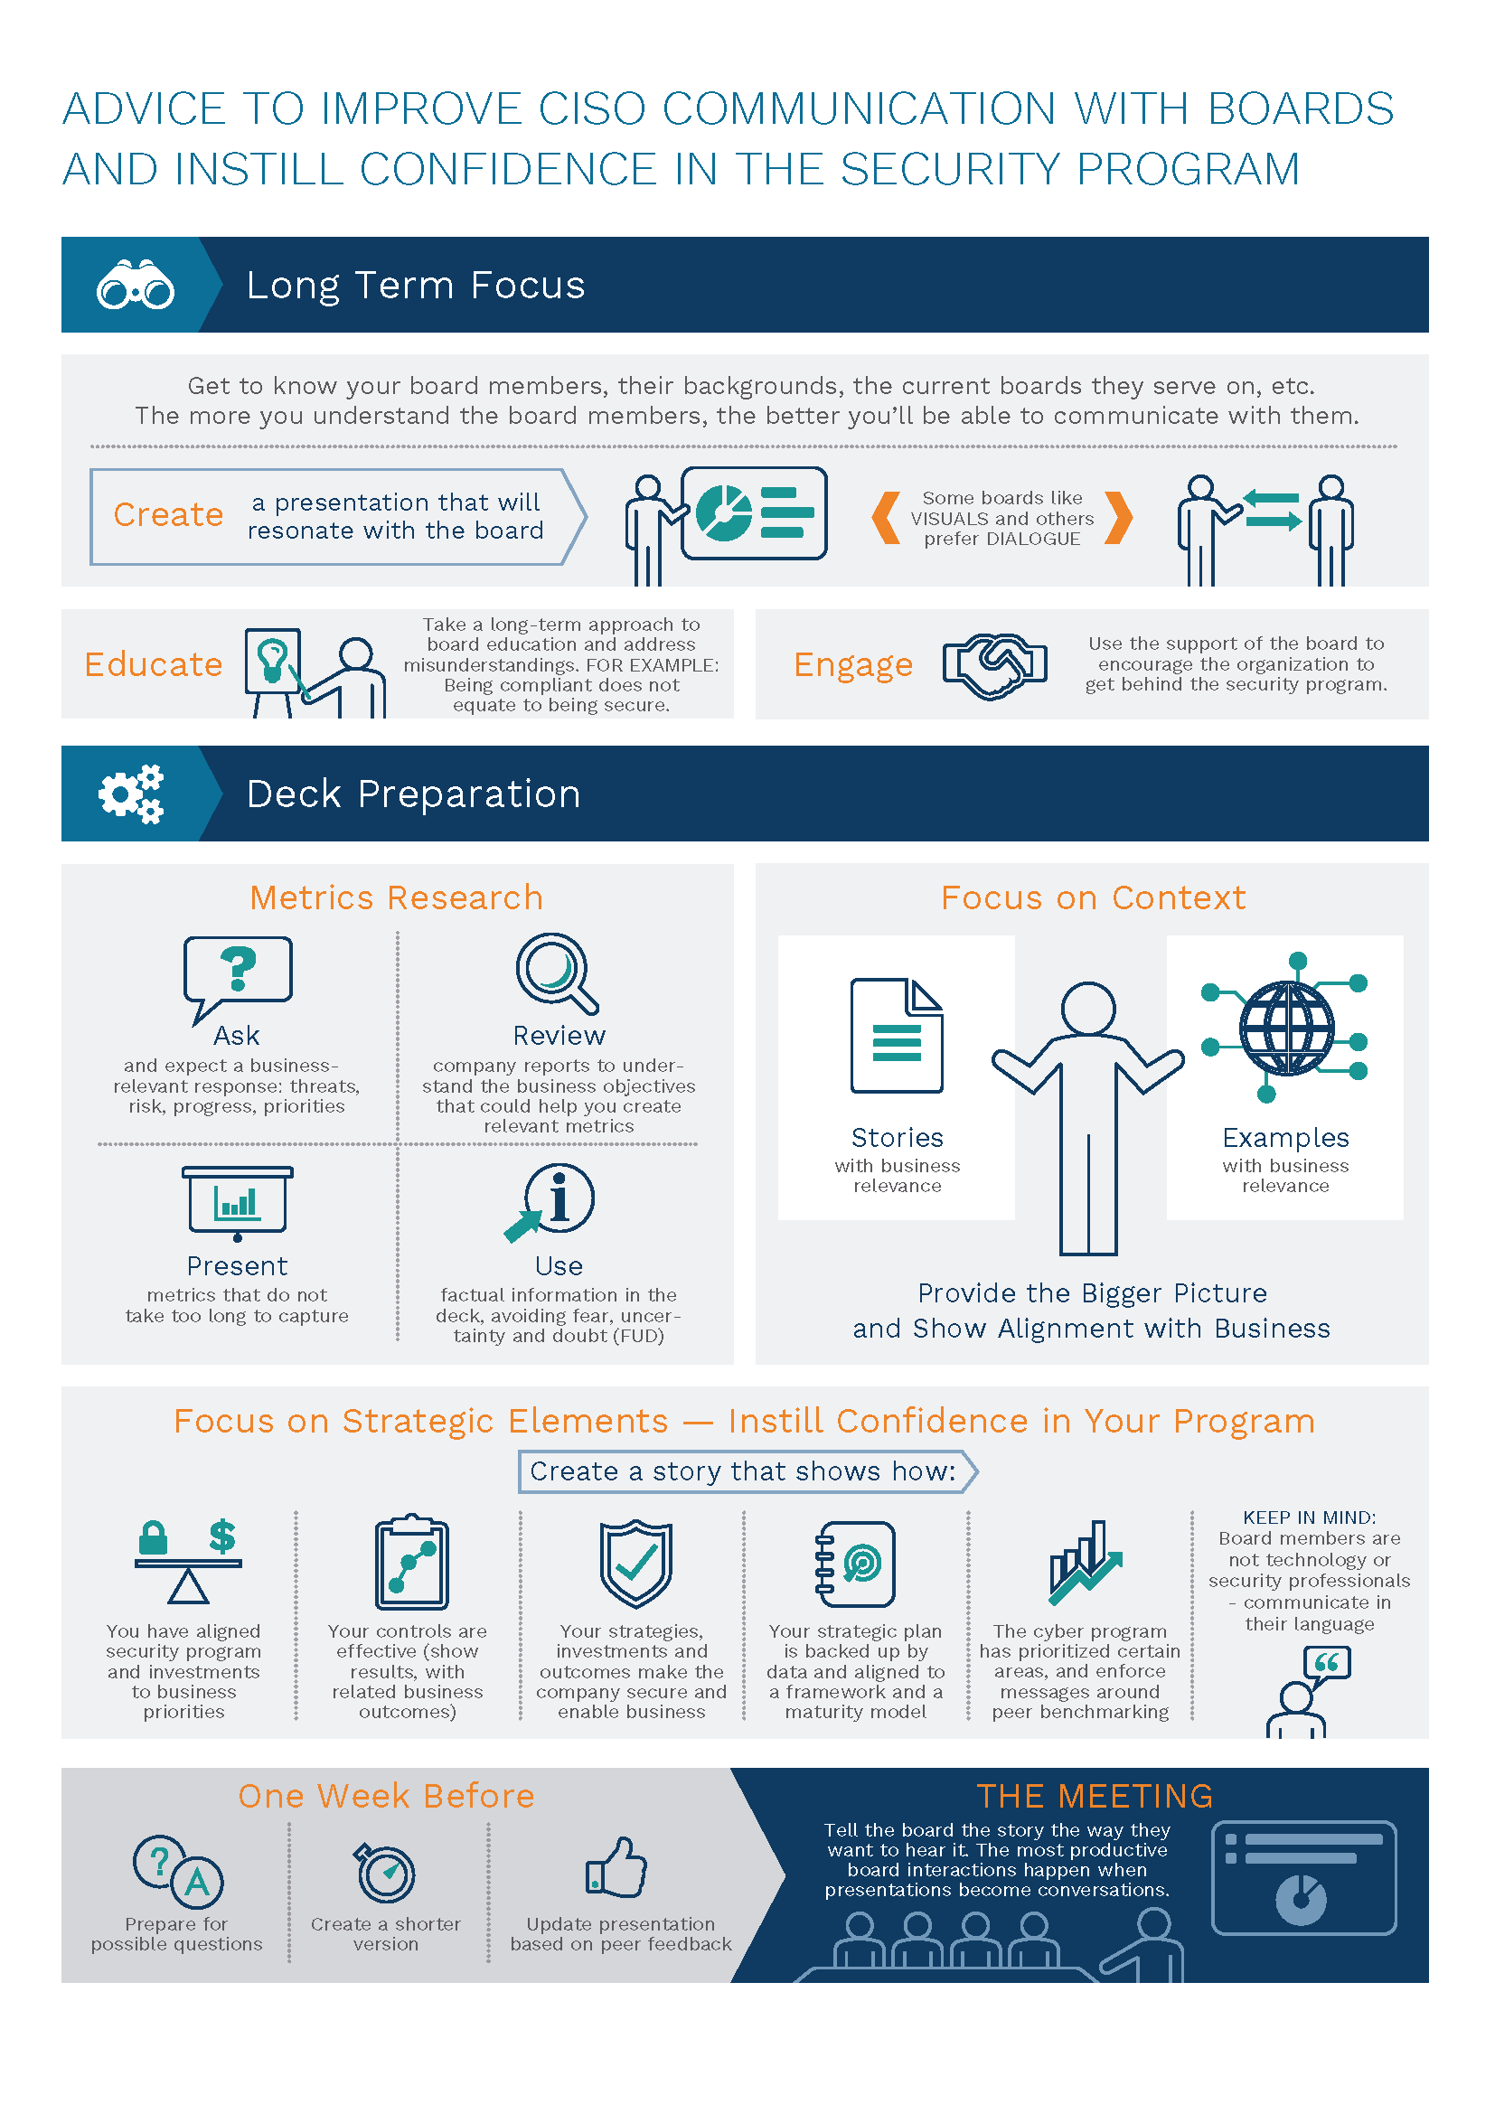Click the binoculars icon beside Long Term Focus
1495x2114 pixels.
tap(136, 286)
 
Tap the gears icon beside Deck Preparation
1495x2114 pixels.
tap(132, 793)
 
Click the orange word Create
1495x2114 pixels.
tap(168, 514)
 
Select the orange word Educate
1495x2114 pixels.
tap(154, 665)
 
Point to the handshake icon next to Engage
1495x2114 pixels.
tap(994, 665)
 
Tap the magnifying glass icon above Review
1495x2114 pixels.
tap(557, 974)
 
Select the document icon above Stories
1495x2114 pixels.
tap(897, 1036)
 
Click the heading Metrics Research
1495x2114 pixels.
tap(397, 897)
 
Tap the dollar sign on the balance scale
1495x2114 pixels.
tap(221, 1536)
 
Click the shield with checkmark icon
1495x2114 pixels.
tap(636, 1564)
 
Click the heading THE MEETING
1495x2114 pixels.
tap(1095, 1797)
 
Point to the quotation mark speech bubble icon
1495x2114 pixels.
tap(1327, 1663)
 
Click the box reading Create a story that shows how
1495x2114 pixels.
tap(747, 1471)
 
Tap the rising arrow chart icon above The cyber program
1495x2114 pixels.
tap(1086, 1563)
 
